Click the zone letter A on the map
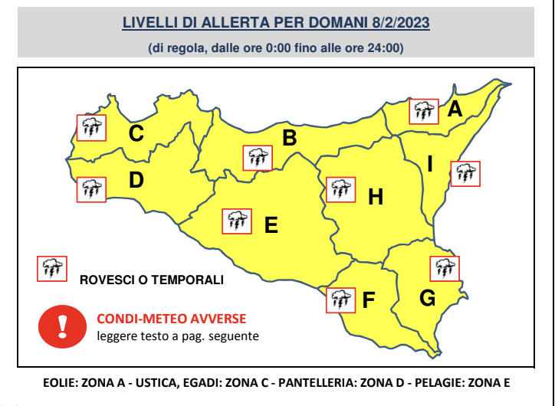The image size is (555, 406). point(455,110)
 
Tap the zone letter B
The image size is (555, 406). point(290,139)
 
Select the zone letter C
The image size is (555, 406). point(136,134)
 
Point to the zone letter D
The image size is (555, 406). point(136,181)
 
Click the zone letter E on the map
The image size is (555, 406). point(271,225)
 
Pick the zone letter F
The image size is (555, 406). point(368,300)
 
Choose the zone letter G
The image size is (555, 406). point(428,297)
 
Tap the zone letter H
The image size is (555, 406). point(375,198)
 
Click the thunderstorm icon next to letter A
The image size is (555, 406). point(423,112)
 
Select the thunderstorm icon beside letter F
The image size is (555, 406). point(340,300)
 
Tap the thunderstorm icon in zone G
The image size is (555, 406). point(444,268)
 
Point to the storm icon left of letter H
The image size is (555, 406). point(340,189)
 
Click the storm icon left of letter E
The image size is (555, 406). point(236,221)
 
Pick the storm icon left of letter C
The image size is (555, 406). point(91,127)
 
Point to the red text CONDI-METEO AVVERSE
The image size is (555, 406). point(172,319)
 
